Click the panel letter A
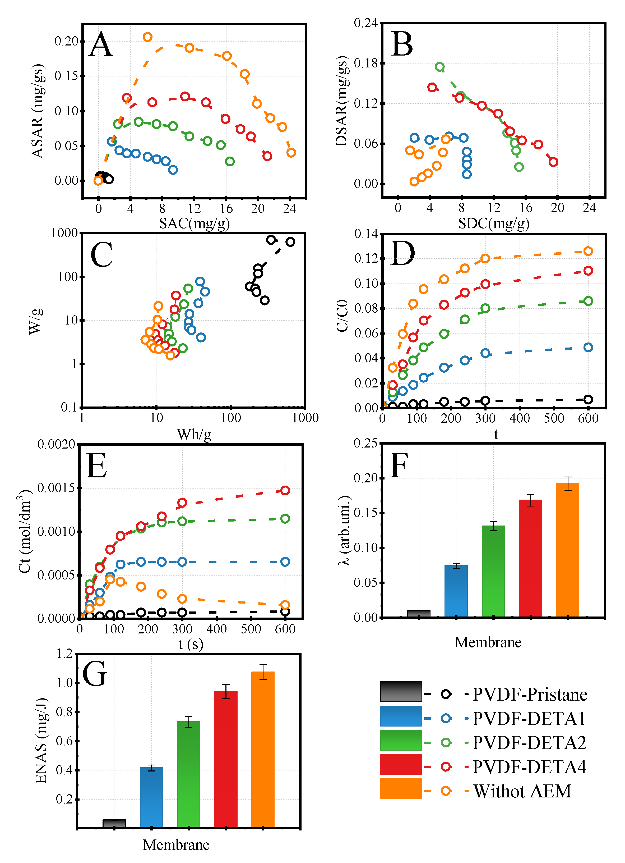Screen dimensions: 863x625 (x=101, y=44)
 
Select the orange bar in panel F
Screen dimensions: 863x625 (x=567, y=550)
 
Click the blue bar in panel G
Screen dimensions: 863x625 (x=151, y=797)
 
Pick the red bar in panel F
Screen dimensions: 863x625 (x=530, y=558)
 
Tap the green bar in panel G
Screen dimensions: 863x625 (x=189, y=774)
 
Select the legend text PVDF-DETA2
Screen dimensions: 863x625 (x=529, y=743)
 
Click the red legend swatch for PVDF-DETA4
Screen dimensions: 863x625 (x=401, y=764)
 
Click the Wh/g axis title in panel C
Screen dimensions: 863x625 (x=194, y=434)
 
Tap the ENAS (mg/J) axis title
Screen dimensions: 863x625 (x=41, y=741)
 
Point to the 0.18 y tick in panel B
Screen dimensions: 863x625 (x=366, y=63)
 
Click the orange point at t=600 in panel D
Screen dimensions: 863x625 (x=588, y=251)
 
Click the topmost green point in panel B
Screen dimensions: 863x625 (x=440, y=67)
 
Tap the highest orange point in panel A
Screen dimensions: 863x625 (x=147, y=37)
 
